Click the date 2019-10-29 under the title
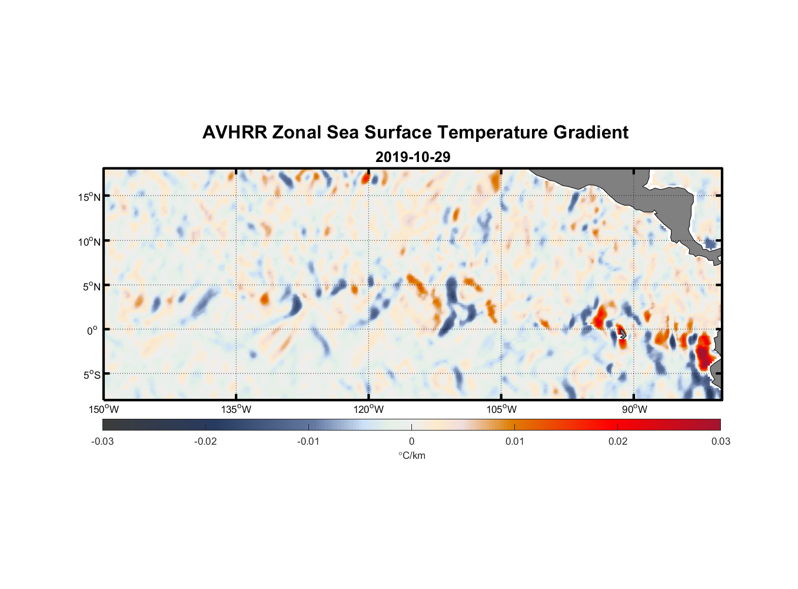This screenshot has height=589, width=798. click(x=413, y=157)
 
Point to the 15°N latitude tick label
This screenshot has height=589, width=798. click(x=89, y=197)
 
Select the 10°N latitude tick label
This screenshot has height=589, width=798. click(x=89, y=241)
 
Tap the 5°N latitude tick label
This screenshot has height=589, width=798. click(x=91, y=286)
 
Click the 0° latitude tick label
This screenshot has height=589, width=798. click(x=92, y=330)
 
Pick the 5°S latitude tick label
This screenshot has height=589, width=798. click(x=91, y=375)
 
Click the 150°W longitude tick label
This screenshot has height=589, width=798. click(x=104, y=409)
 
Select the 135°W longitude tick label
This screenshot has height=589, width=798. click(x=237, y=409)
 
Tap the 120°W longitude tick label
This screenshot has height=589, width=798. click(x=369, y=409)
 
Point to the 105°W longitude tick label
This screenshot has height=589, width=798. click(x=501, y=409)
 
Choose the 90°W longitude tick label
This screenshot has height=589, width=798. click(x=634, y=409)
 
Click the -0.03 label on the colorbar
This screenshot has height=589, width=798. click(x=102, y=441)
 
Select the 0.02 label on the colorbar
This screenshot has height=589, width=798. click(x=618, y=441)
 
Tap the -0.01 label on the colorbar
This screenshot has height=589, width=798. click(x=308, y=441)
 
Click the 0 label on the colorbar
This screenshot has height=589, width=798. click(x=411, y=441)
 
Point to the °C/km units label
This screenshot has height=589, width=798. click(x=411, y=455)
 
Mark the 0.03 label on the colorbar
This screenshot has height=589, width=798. click(x=720, y=441)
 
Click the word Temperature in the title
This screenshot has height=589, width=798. click(x=491, y=133)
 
